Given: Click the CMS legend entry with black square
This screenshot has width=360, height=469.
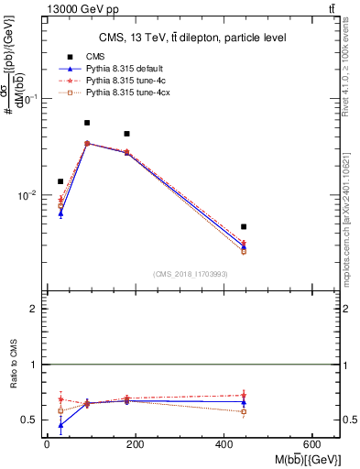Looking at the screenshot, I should pos(95,58).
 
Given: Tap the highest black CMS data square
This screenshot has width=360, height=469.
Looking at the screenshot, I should pos(87,123).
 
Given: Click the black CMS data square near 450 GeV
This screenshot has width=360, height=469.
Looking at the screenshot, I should pos(244,226).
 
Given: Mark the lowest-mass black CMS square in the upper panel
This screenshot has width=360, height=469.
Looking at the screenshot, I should pos(60,181).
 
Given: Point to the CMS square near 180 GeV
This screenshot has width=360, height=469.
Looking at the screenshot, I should pos(126,134).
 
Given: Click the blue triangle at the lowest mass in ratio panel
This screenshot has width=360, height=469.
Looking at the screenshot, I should pos(60,425).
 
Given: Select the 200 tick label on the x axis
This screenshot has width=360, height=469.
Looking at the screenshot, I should pos(136,443).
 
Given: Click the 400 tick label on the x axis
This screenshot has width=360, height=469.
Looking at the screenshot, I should pos(224,443).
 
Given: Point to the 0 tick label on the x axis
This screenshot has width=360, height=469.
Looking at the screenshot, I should pos(47,443).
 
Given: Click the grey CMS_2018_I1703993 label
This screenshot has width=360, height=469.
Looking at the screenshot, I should pos(191,273).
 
